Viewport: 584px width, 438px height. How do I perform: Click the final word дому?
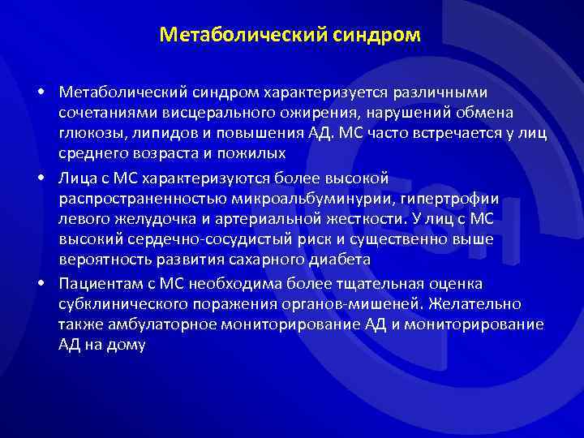click(127, 346)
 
